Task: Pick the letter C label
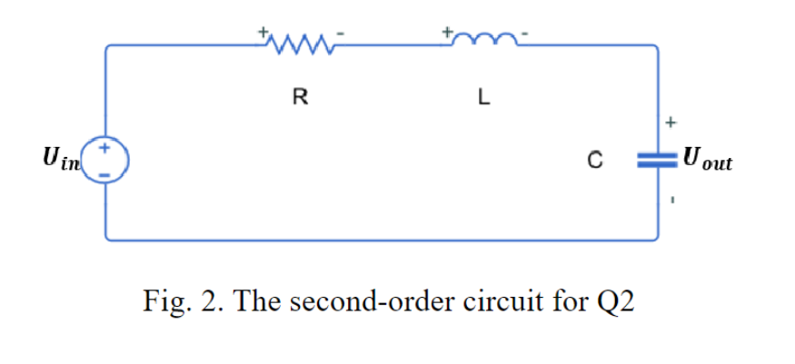point(594,162)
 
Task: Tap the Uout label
point(710,162)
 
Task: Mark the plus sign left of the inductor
point(447,30)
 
